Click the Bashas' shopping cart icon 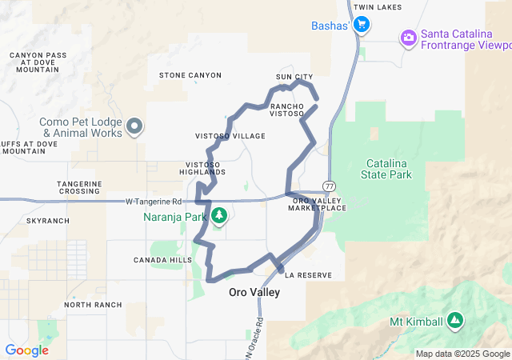(361, 25)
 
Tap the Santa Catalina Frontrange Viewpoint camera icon (409, 37)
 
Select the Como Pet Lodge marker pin (134, 126)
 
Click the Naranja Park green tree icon (218, 215)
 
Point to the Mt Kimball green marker (455, 320)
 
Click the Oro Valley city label (254, 293)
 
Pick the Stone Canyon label (190, 75)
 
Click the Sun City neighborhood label (294, 77)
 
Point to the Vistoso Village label (230, 136)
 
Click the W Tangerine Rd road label (154, 202)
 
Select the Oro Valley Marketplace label (320, 204)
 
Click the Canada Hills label (163, 260)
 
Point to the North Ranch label (93, 305)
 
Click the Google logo (26, 350)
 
